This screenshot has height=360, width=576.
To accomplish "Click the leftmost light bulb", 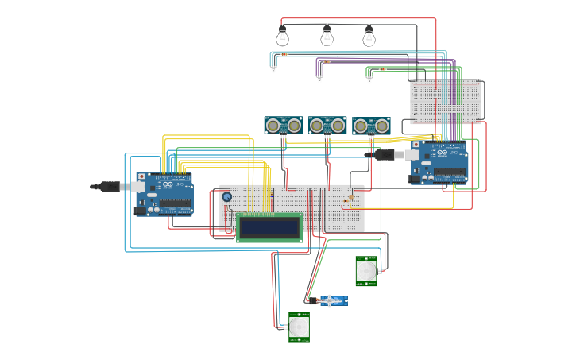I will tap(282, 37).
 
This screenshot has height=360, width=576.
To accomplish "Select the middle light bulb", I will tap(327, 37).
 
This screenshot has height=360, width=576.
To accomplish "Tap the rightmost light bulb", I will tap(369, 37).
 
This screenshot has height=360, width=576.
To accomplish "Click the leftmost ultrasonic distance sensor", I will tap(283, 125).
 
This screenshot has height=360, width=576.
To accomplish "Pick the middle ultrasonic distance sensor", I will tap(327, 125).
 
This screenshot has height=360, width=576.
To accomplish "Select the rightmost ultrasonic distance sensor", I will tap(371, 125).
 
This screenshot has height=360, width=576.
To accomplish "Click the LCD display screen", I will tap(269, 227).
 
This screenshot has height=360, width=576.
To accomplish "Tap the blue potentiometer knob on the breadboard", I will tap(226, 196).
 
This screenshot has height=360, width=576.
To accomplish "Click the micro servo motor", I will tap(332, 300).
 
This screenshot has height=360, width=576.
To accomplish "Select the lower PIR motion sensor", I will tap(299, 327).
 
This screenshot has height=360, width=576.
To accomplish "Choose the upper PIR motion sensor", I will tap(365, 270).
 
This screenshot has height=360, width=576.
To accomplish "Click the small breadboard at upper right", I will tap(445, 100).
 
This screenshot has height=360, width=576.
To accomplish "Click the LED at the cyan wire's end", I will tap(273, 69).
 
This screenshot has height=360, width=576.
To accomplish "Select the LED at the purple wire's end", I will tap(319, 78).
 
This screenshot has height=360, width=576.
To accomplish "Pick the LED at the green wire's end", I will tap(367, 79).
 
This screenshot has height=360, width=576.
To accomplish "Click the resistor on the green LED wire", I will tap(382, 69).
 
